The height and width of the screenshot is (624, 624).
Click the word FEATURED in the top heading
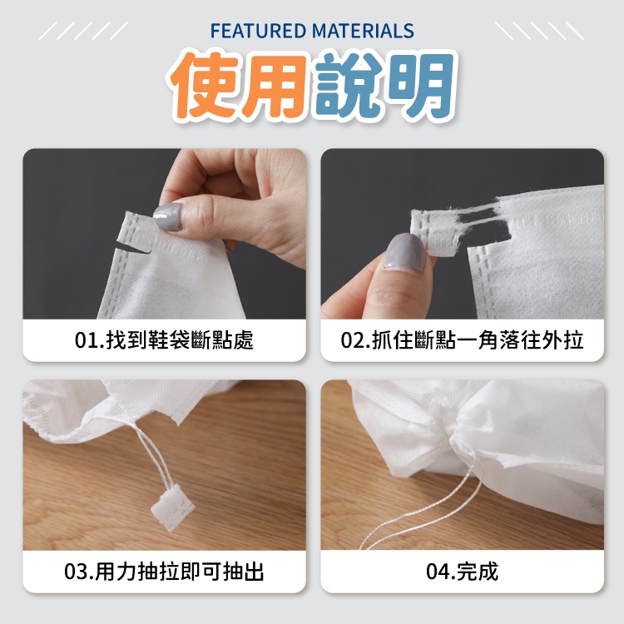point(258,31)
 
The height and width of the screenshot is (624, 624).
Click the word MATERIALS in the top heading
point(363,31)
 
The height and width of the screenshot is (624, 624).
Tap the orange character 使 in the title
point(207,86)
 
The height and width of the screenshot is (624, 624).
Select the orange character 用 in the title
point(275,87)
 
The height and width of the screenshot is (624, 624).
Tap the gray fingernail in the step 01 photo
point(168,217)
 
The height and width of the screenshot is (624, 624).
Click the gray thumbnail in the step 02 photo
point(406,252)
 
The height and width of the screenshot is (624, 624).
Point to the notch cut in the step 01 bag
point(131,250)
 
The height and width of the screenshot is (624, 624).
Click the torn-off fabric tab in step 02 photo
point(434,233)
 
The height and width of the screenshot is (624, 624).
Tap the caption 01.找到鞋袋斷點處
point(164,340)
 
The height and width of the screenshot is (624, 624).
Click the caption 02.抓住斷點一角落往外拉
point(462,340)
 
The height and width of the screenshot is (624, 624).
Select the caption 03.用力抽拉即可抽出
point(164,572)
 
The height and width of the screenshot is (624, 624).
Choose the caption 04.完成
point(462,572)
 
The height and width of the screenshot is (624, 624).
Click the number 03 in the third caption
point(77,572)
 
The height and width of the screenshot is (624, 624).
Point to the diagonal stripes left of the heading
point(83,31)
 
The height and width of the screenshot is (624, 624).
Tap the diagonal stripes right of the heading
point(539,31)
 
